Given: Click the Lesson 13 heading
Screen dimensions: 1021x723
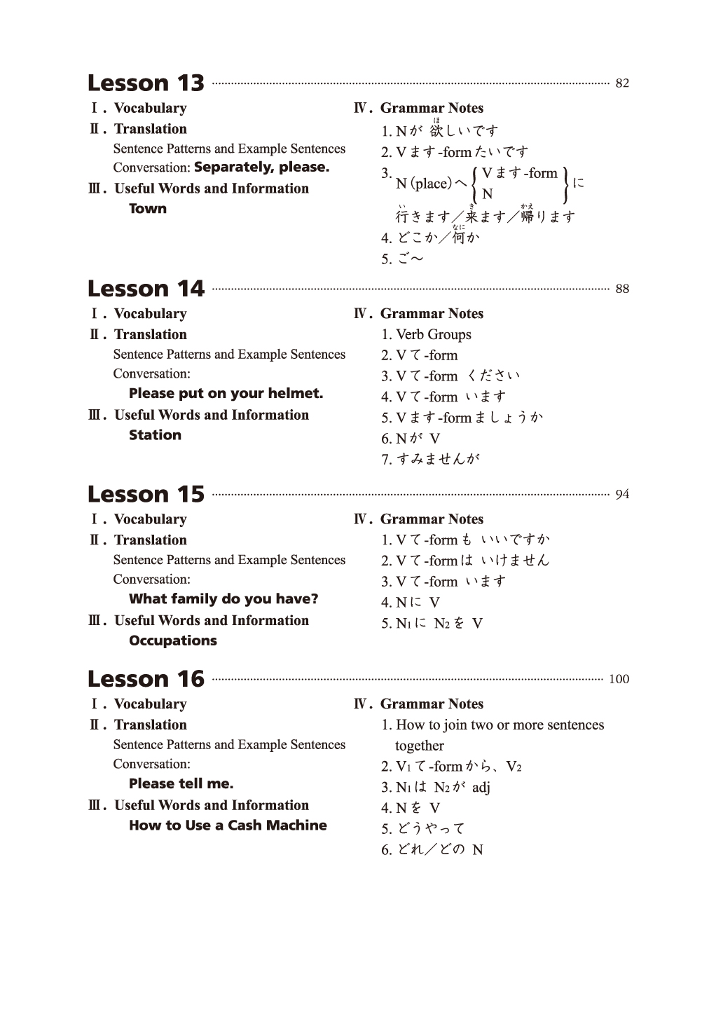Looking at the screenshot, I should click(146, 83).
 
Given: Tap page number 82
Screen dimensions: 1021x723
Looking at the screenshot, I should click(622, 83).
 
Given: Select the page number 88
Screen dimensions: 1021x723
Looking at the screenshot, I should click(622, 289).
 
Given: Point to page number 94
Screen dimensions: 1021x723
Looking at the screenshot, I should click(622, 495).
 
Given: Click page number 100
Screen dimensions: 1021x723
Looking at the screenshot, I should click(619, 679).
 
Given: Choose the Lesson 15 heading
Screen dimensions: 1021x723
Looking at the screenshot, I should click(146, 495).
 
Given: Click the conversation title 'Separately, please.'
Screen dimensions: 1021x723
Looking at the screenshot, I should click(261, 167).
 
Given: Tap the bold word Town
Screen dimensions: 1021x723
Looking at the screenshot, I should click(148, 209).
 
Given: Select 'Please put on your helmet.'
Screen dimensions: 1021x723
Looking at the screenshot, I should click(226, 394).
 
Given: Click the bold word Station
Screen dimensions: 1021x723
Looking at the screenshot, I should click(155, 435).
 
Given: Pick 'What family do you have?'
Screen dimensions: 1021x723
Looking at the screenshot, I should click(223, 599).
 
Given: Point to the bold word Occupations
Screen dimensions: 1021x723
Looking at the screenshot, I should click(173, 640).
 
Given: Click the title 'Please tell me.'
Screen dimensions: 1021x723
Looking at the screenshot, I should click(181, 784).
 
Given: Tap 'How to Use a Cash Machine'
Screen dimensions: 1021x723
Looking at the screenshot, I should click(228, 825).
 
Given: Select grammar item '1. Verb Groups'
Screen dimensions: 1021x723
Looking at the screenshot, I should click(426, 335).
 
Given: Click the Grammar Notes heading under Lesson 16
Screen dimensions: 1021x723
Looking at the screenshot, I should click(431, 704).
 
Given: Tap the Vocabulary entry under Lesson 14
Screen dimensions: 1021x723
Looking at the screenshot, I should click(150, 314).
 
